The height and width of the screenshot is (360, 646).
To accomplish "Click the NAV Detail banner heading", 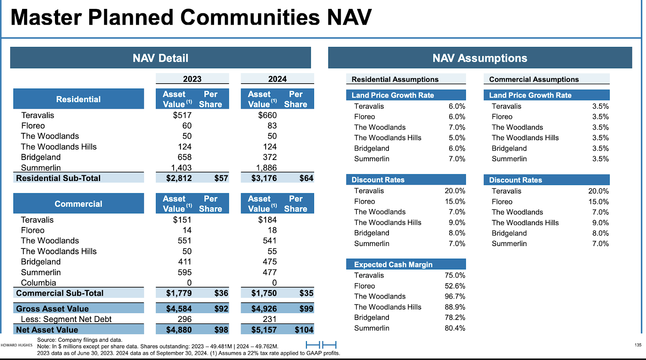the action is (160, 58).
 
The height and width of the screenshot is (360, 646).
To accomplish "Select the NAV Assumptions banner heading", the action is (480, 58).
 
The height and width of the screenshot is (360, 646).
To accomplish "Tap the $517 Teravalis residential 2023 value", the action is (182, 115).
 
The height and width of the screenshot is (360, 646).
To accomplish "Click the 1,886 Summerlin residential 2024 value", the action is (266, 167).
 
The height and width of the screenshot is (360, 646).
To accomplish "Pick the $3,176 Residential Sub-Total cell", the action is (264, 178).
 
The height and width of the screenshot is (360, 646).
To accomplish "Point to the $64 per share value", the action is (306, 178).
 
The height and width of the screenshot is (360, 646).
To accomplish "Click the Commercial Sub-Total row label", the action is (60, 293).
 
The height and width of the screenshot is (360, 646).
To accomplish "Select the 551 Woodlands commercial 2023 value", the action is (185, 240).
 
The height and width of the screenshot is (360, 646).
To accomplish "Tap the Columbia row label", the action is (38, 283).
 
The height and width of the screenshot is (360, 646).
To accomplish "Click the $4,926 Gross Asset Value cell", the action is (264, 309).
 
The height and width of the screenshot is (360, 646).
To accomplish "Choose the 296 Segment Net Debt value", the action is (185, 319).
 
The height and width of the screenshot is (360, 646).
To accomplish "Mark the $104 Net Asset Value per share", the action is (304, 330).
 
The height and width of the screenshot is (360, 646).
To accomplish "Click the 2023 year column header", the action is (192, 79).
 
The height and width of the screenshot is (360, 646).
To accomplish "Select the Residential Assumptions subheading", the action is (395, 79).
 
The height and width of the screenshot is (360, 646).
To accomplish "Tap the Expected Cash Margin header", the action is (393, 264).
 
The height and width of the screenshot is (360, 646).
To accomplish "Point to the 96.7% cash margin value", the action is (455, 296).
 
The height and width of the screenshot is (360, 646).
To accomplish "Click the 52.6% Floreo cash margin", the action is (455, 286).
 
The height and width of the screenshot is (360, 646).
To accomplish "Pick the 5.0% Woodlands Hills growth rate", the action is (457, 138).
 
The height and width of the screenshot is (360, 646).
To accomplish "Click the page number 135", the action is (638, 345).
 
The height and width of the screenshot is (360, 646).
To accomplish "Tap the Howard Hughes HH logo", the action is (321, 344).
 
